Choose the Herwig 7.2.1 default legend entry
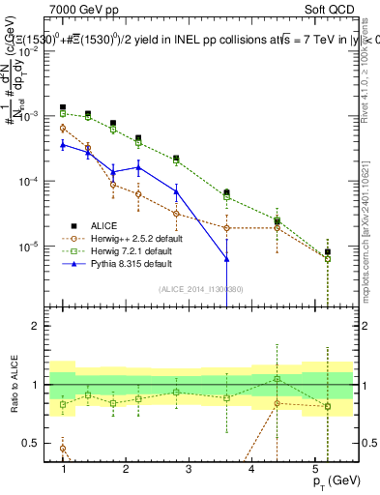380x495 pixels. (x=120, y=249)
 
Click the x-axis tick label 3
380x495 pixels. (x=189, y=468)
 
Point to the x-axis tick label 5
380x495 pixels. (x=314, y=468)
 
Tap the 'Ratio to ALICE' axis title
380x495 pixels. (x=14, y=385)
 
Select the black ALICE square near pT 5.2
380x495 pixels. (x=328, y=251)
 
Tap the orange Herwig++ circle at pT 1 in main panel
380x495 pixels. (x=63, y=128)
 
